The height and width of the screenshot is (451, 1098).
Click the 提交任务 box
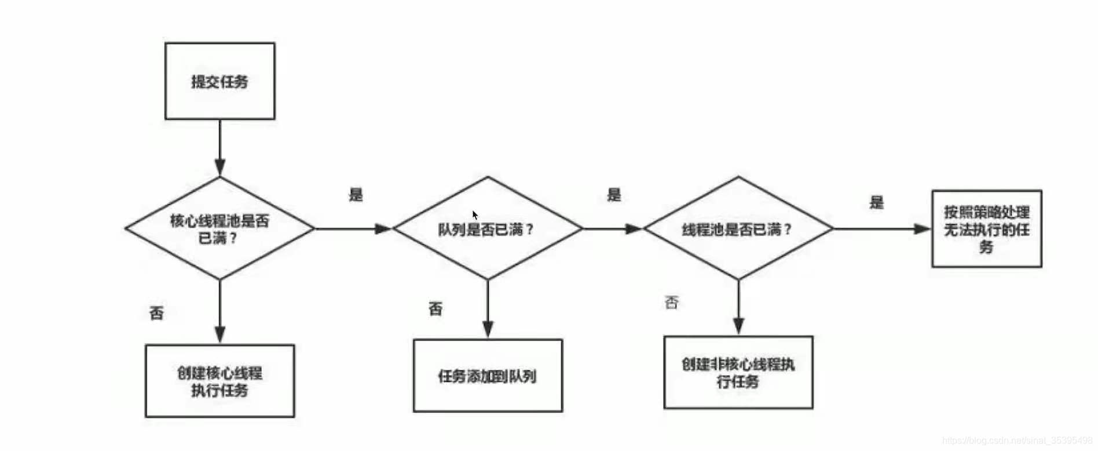point(219,81)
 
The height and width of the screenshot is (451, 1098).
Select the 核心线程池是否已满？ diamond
point(219,228)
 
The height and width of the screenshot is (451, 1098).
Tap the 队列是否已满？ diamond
point(487,229)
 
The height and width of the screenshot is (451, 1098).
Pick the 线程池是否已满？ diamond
point(737,229)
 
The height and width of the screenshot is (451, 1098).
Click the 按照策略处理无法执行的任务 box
point(986,229)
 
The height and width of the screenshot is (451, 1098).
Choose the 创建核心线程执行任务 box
point(219,381)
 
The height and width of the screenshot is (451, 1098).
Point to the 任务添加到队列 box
point(487,376)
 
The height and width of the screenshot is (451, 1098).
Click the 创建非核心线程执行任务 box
point(738,372)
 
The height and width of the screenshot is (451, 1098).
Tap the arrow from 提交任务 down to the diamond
point(219,148)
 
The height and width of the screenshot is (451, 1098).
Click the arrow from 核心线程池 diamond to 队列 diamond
point(353,229)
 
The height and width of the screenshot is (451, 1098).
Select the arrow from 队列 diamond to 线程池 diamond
point(612,229)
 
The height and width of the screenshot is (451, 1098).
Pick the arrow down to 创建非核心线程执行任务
point(738,307)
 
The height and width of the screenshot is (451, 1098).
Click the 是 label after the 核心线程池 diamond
point(356,194)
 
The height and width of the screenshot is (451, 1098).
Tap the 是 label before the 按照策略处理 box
point(876,202)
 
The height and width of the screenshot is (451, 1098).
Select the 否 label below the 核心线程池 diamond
point(156,313)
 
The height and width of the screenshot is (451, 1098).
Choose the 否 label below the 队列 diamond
point(435,308)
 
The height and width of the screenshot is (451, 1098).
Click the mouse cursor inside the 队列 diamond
point(475,215)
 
